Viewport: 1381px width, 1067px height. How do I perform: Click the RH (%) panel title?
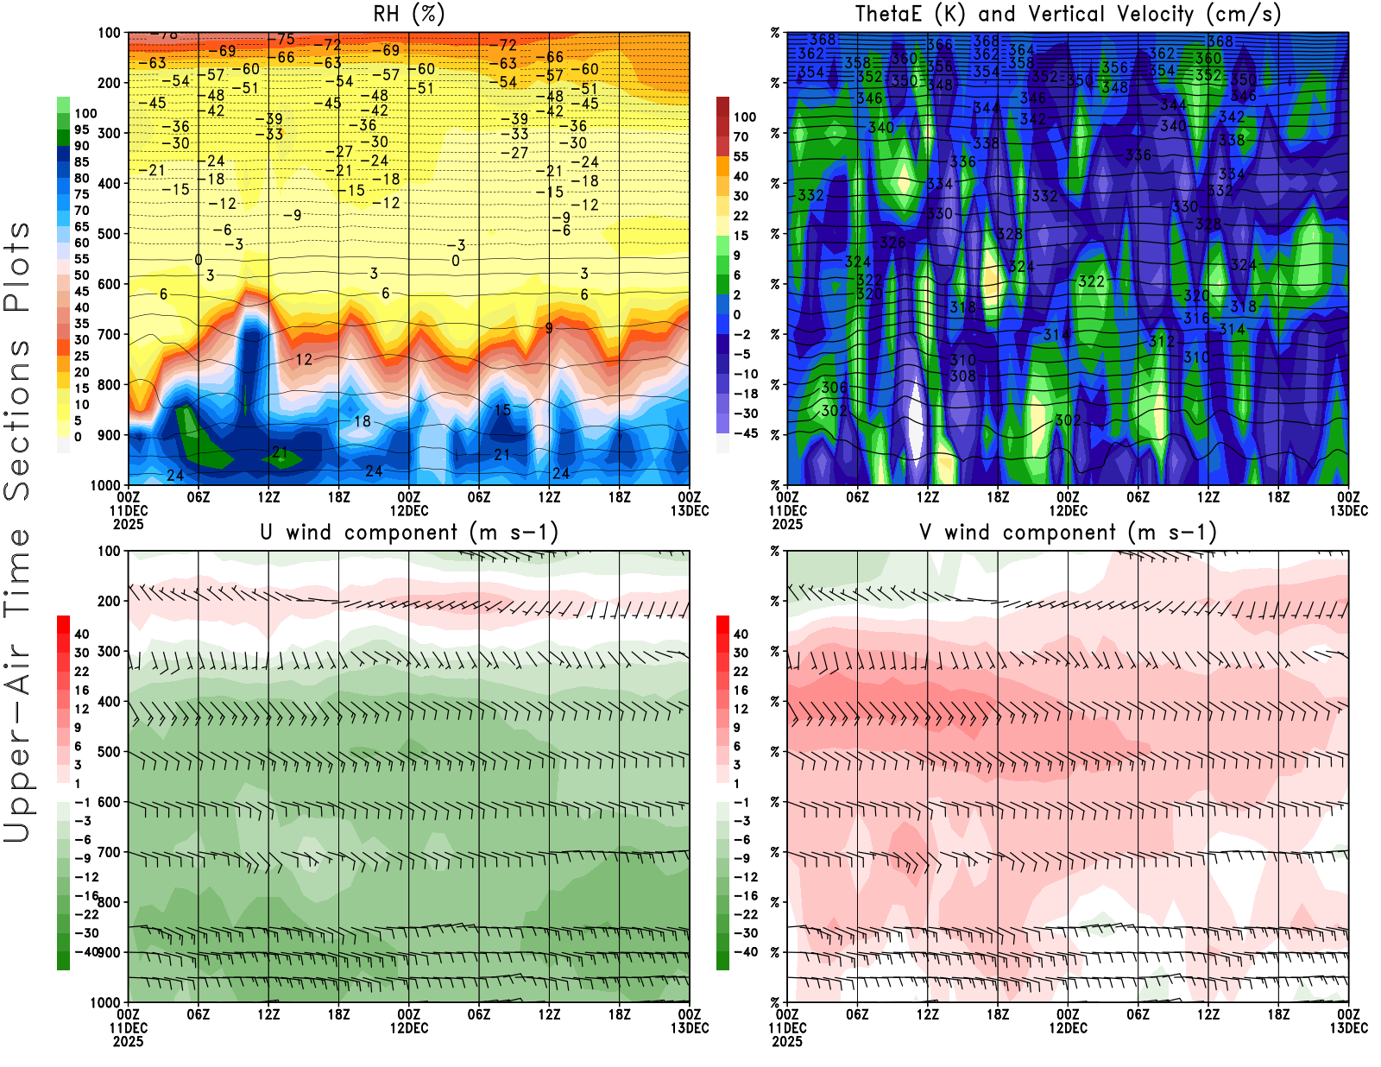pos(409,15)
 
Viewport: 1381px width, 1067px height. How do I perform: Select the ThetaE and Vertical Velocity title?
pos(1068,15)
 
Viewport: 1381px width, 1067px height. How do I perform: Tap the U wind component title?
pos(409,533)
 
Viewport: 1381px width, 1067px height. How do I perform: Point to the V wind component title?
pos(1068,533)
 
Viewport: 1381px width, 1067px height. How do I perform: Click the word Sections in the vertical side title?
pos(17,419)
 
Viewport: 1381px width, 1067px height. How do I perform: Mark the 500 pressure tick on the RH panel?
pos(109,234)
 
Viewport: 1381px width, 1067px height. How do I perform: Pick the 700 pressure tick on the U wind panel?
pos(109,853)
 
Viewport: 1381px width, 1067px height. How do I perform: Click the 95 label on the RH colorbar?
pos(82,129)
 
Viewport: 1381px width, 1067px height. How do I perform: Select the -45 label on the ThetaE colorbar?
pos(745,433)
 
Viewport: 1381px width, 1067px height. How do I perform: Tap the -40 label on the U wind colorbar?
pos(85,952)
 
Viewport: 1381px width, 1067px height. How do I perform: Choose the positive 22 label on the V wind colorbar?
pos(741,672)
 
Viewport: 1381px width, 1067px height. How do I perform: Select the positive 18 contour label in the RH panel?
pos(363,421)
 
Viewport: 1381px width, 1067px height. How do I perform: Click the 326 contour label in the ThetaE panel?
pos(892,243)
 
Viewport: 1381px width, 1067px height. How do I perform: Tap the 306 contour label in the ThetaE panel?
pos(834,388)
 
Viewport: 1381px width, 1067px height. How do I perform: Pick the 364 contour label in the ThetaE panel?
pos(1021,50)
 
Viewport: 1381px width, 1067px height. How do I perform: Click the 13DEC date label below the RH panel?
pos(690,511)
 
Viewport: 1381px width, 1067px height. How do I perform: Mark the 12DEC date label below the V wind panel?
pos(1068,1028)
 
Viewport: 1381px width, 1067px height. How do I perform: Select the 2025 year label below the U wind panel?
pos(129,1041)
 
